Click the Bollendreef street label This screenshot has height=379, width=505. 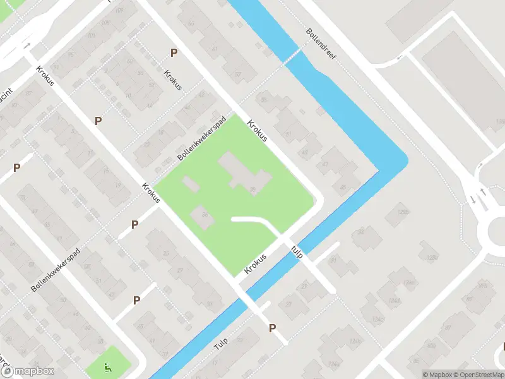pyautogui.click(x=321, y=44)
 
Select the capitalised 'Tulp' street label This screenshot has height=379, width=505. pyautogui.click(x=220, y=343)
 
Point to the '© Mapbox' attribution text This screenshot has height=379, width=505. pyautogui.click(x=436, y=374)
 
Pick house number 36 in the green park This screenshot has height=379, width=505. pyautogui.click(x=252, y=189)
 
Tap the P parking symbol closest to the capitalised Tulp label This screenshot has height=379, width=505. pyautogui.click(x=273, y=328)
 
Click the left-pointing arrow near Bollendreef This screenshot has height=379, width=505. pyautogui.click(x=399, y=59)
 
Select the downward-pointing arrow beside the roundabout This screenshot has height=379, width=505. pyautogui.click(x=473, y=200)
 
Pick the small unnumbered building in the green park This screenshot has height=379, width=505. pyautogui.click(x=189, y=184)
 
